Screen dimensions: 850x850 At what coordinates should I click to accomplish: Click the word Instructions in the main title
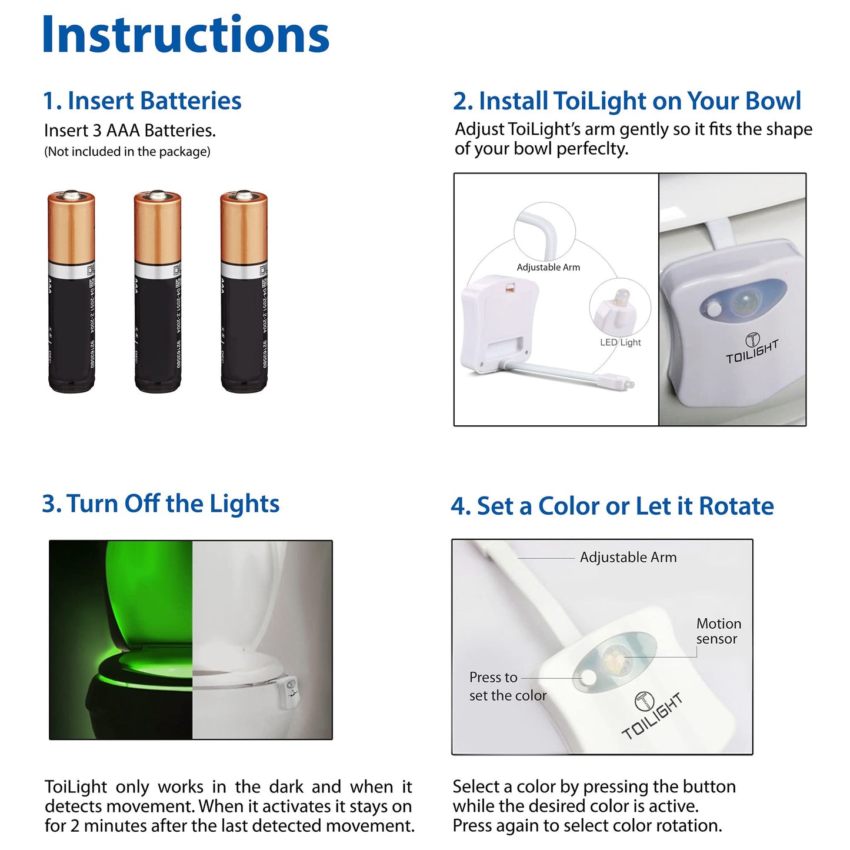pos(185,35)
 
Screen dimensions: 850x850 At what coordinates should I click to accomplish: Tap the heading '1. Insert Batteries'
pos(142,101)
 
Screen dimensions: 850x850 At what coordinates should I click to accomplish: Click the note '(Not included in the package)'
pos(127,152)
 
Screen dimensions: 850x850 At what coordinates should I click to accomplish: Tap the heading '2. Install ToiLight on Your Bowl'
pos(627,101)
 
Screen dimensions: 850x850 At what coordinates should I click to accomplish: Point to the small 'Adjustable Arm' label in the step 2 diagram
pos(548,268)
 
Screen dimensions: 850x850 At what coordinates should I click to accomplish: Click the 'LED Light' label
pos(621,342)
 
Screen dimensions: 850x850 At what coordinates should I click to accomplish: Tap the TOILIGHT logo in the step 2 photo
pos(752,349)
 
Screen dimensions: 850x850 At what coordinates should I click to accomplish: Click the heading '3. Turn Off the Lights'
pos(161,504)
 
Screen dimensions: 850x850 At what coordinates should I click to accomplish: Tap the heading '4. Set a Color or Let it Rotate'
pos(612,506)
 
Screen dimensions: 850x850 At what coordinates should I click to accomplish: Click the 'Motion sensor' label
pos(718,631)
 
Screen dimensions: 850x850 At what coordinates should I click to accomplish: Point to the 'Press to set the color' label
pos(507,686)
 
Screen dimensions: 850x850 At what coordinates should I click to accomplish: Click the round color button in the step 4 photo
pos(588,678)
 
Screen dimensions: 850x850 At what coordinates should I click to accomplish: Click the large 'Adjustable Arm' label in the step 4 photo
pos(628,558)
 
